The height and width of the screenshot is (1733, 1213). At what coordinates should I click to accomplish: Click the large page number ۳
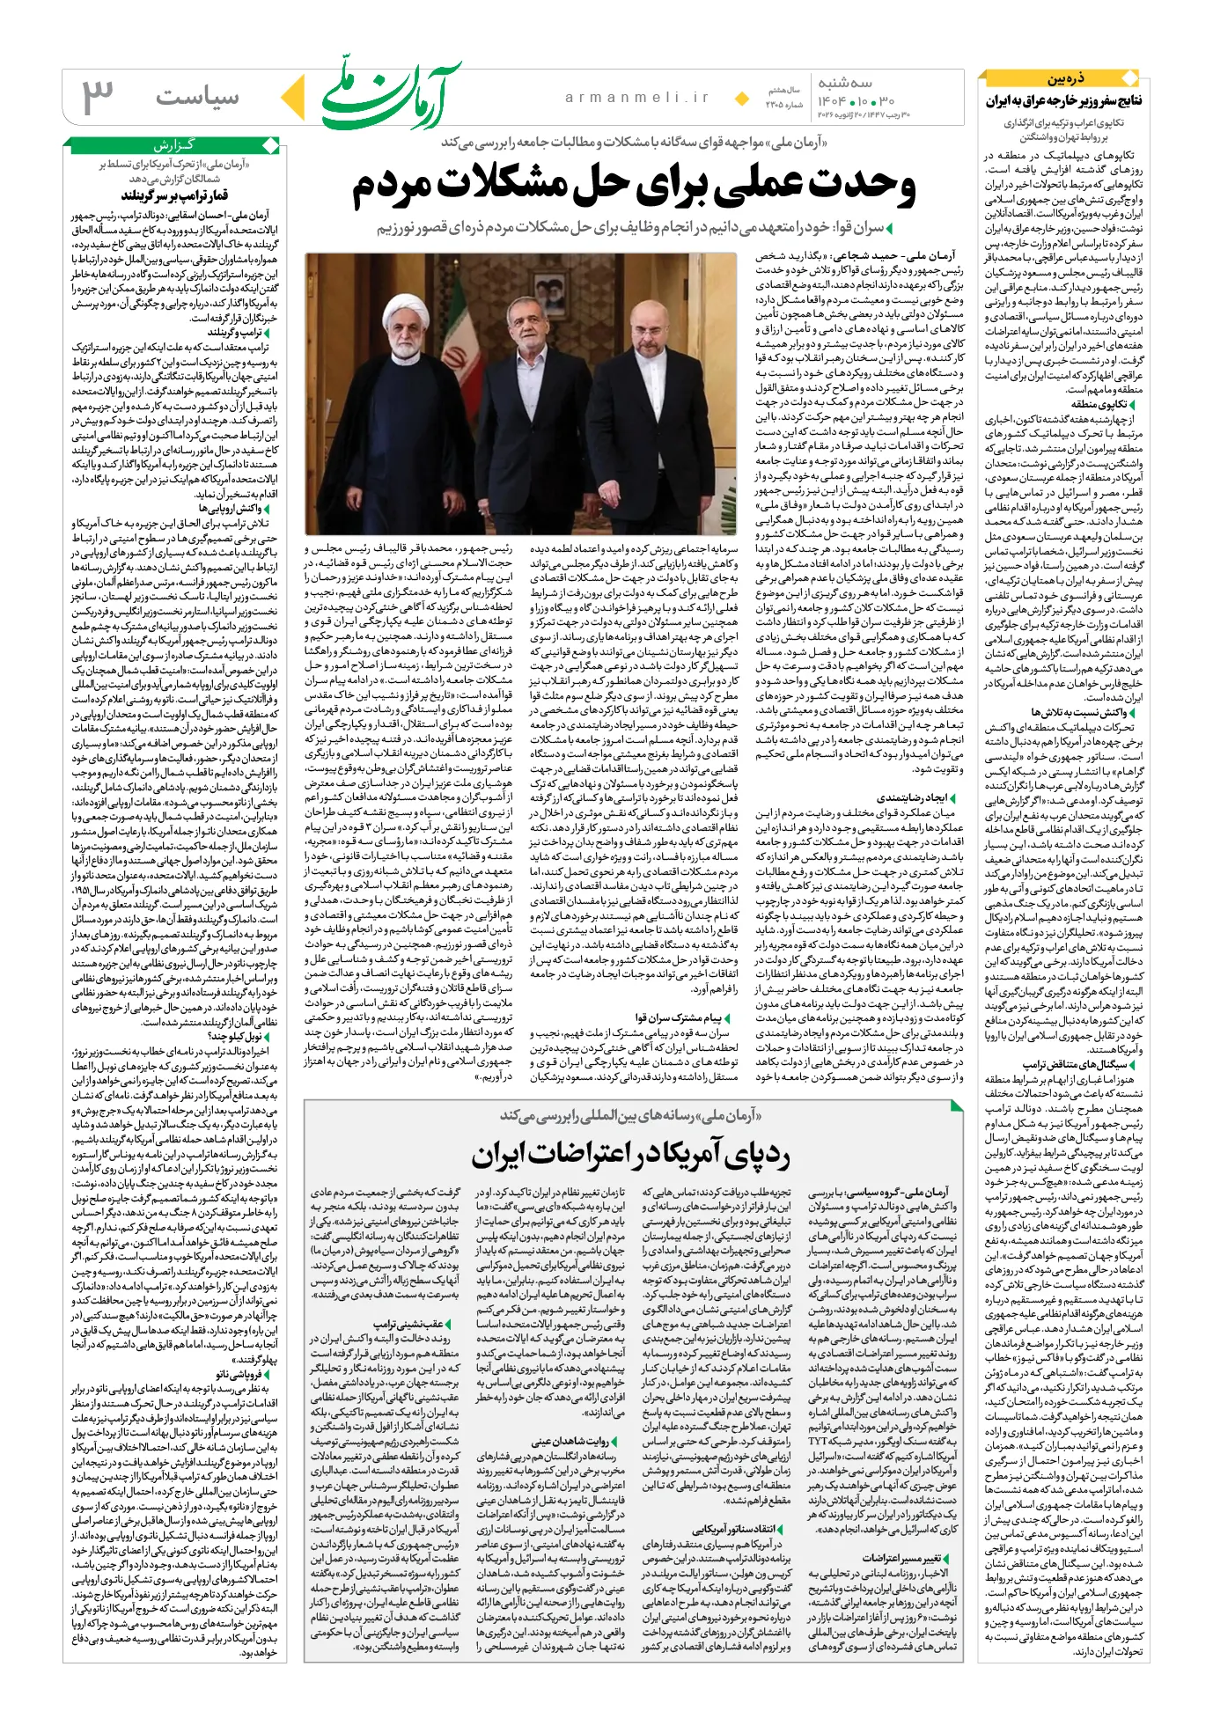[x=99, y=96]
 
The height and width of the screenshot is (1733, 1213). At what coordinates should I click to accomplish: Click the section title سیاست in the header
[x=197, y=97]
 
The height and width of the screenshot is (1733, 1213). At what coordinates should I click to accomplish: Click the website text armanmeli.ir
[x=636, y=98]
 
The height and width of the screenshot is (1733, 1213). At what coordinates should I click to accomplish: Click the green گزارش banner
[x=175, y=145]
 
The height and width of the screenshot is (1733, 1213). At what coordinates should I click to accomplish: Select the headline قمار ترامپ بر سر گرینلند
[x=174, y=195]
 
